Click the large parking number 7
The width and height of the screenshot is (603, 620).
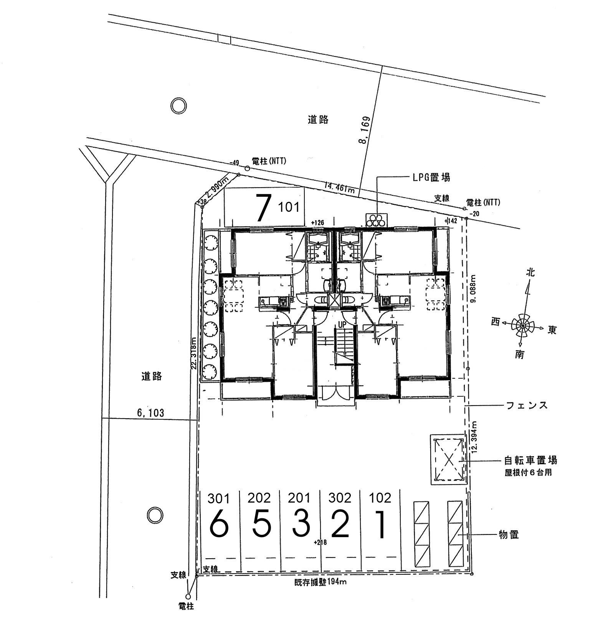point(263,208)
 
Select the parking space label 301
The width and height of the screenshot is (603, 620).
point(219,499)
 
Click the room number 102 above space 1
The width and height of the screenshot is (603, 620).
point(380,498)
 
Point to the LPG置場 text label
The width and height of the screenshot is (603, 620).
point(431,177)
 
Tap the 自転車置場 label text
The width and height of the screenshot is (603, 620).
point(530,460)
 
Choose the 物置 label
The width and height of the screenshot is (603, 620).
point(509,534)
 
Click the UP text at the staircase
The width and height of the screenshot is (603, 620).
point(342,324)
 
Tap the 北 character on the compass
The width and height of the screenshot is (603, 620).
point(530,273)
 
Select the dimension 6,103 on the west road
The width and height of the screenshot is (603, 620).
point(150,413)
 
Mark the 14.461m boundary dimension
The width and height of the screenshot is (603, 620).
point(339,188)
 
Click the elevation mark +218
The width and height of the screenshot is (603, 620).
point(320,542)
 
